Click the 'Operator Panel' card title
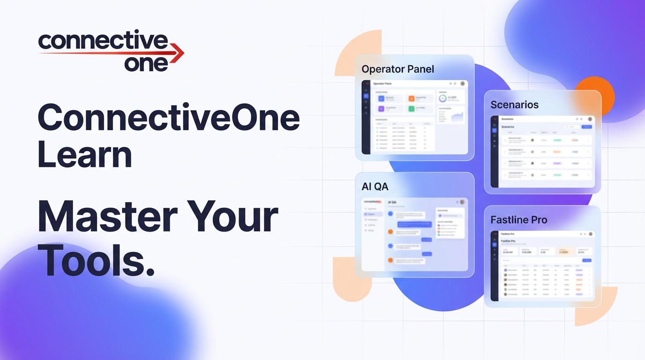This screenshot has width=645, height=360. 397,69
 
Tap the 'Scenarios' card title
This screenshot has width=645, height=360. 514,105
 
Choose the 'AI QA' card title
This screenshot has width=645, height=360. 375,187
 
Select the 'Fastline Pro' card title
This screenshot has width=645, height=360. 518,220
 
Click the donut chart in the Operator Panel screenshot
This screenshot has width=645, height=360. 442,98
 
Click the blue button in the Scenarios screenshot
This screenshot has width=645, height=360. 586,127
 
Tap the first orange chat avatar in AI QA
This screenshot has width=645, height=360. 390,232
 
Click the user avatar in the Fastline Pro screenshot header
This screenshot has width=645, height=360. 591,233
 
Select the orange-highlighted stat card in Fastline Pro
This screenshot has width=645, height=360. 564,251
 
